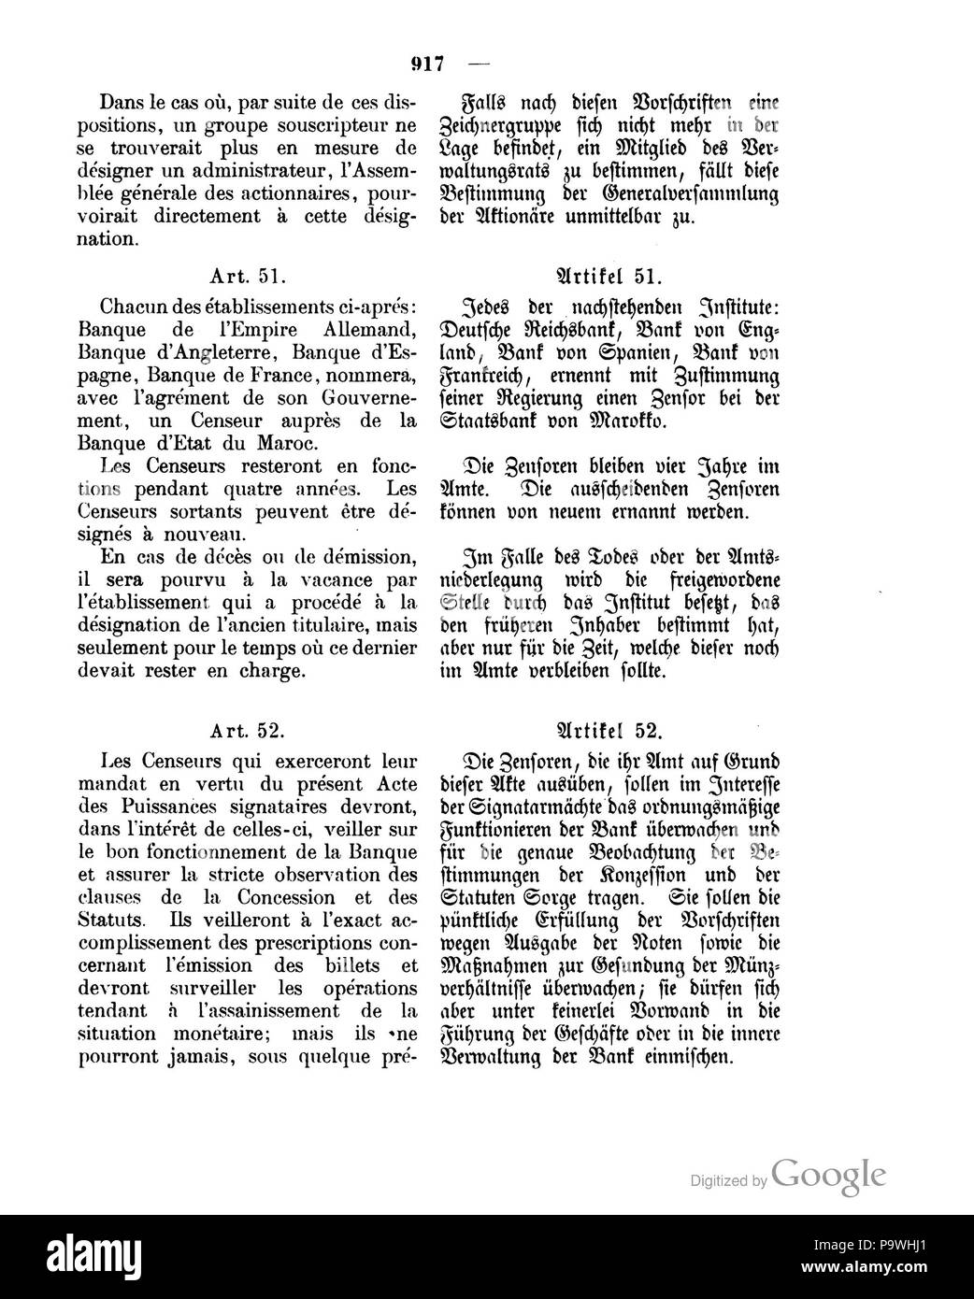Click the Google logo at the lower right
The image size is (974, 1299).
tap(828, 1172)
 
